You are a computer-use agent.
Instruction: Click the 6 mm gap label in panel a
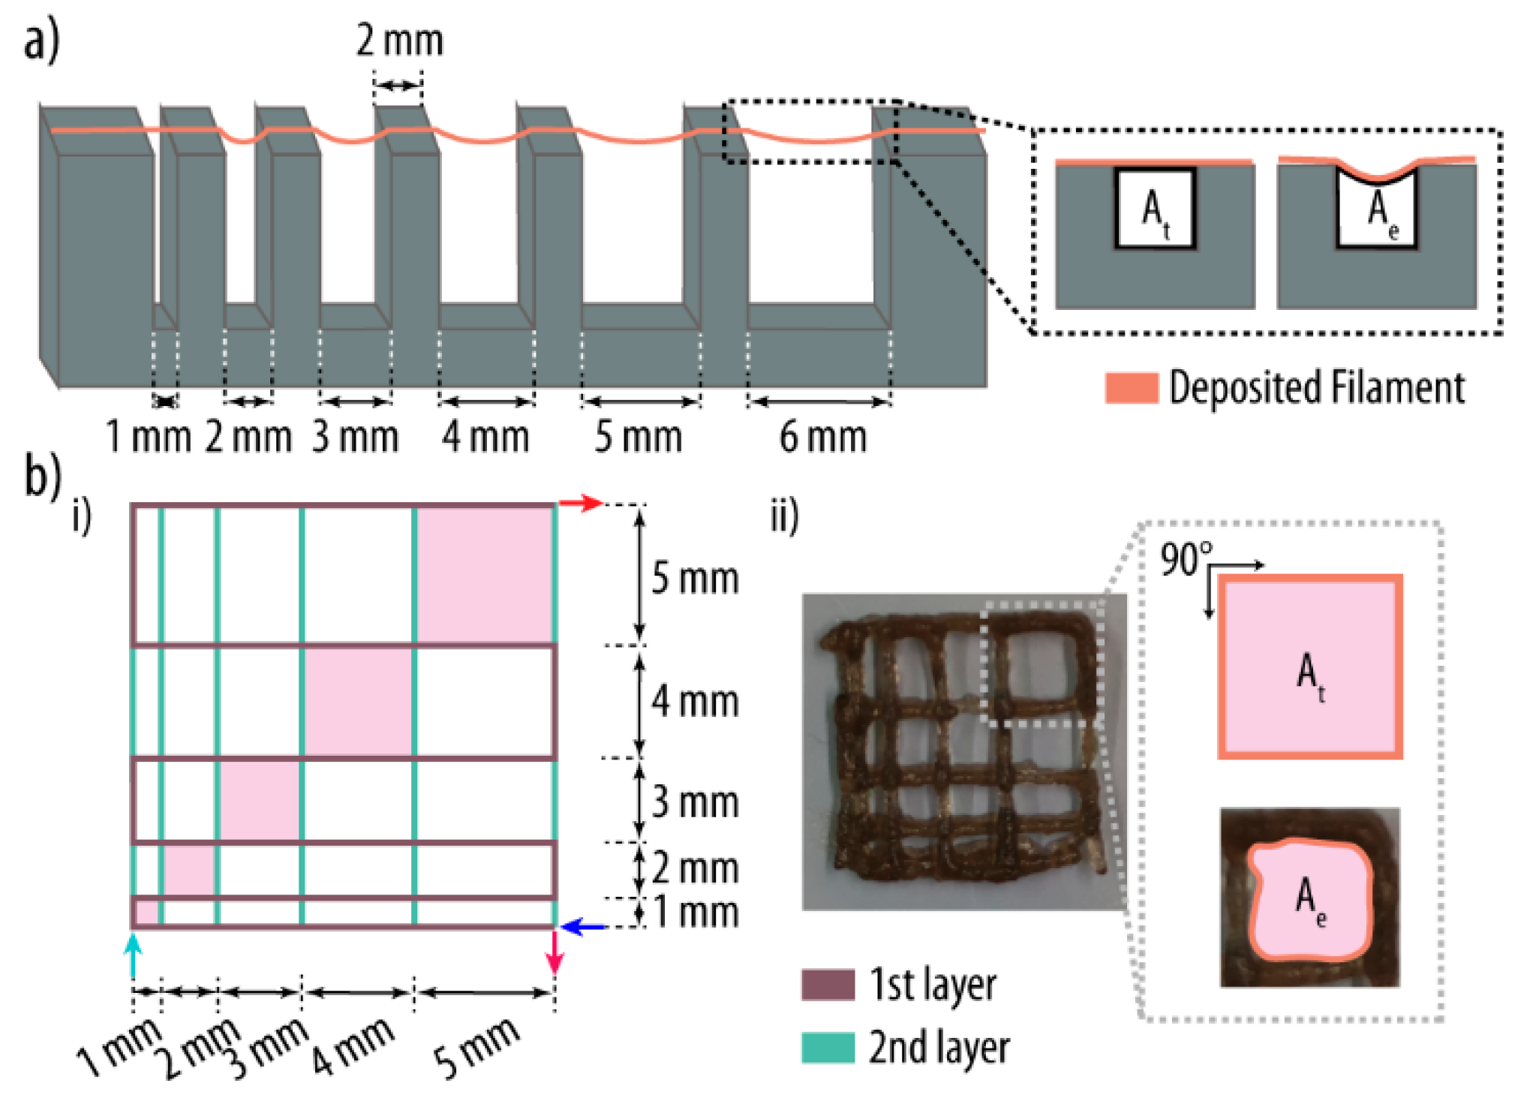click(x=822, y=437)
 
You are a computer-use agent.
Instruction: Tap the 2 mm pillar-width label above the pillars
click(x=399, y=41)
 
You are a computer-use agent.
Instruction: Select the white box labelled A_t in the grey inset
click(x=1155, y=209)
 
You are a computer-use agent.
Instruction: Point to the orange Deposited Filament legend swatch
click(x=1131, y=388)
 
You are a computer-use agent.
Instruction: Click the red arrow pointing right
click(x=581, y=504)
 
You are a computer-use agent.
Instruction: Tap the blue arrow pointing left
click(x=584, y=928)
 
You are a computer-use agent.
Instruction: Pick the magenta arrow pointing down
click(x=555, y=952)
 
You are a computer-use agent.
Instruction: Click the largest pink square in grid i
click(x=485, y=574)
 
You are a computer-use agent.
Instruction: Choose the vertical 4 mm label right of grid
click(x=695, y=702)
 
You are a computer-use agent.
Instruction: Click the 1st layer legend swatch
click(x=828, y=985)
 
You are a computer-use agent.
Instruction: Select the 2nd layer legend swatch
click(x=828, y=1048)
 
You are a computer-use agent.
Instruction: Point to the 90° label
click(x=1185, y=560)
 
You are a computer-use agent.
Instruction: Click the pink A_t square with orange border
click(x=1310, y=667)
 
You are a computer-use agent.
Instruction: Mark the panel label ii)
click(x=785, y=516)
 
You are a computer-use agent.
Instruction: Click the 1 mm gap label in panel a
click(x=148, y=437)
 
